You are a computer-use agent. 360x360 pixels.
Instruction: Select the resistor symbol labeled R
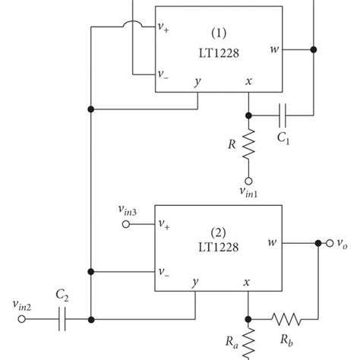click(x=248, y=146)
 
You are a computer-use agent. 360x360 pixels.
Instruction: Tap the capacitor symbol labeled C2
click(x=61, y=319)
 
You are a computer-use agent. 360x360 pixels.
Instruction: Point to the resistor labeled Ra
click(x=248, y=344)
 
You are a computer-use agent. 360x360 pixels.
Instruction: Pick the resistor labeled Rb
click(x=287, y=319)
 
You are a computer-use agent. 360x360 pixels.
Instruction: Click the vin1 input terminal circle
click(x=248, y=182)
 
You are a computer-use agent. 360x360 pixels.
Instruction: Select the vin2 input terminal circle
click(x=22, y=319)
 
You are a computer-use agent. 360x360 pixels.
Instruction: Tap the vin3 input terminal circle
click(x=127, y=224)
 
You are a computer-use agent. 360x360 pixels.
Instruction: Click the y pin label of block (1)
click(x=197, y=82)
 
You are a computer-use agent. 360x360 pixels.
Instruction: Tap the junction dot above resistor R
click(x=248, y=115)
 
